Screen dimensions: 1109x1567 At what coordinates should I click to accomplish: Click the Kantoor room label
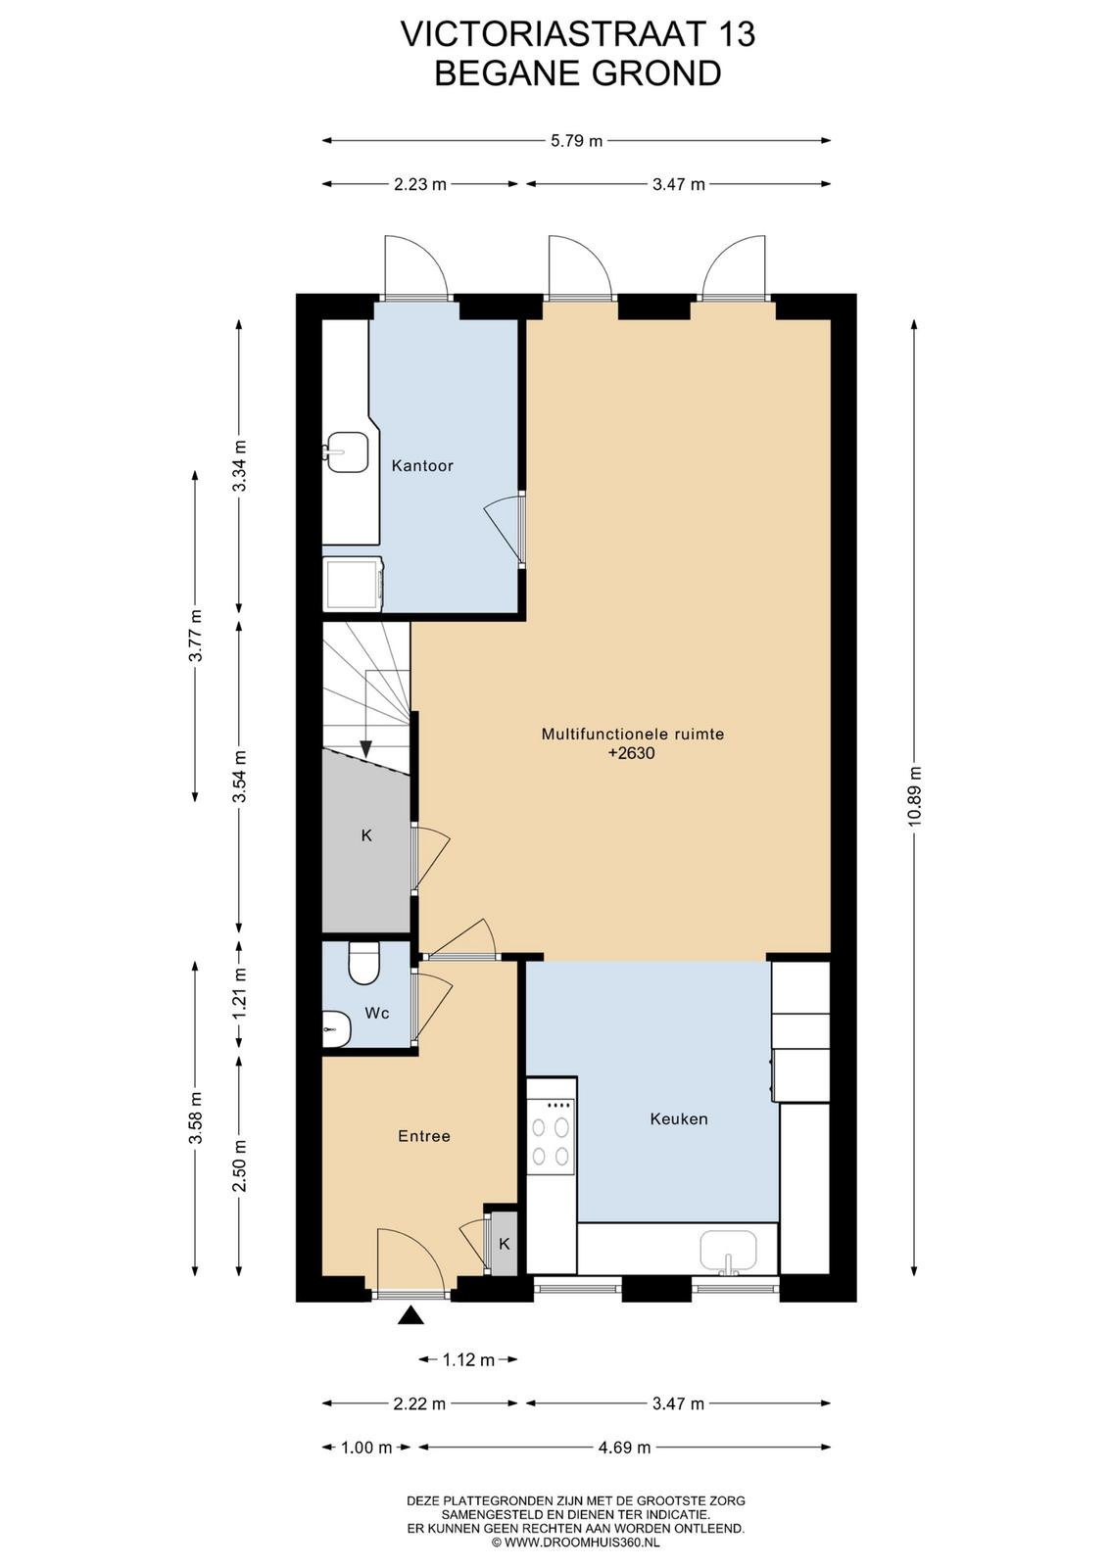(422, 465)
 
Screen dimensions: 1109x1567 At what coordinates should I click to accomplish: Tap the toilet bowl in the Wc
(363, 964)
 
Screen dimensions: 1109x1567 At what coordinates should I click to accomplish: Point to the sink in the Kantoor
(346, 451)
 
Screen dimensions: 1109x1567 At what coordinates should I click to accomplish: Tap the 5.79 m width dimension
(576, 141)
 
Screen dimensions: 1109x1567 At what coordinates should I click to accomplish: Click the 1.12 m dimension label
(468, 1360)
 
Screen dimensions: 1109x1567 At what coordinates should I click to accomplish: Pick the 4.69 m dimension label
(625, 1448)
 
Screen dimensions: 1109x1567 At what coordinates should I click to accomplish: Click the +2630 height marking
(632, 753)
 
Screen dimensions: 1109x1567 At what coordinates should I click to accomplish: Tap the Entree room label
(424, 1136)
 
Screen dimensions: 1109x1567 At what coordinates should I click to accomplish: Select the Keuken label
(679, 1118)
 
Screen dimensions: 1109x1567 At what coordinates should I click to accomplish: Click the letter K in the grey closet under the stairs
(366, 835)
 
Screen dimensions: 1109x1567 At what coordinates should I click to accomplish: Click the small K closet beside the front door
(504, 1243)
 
